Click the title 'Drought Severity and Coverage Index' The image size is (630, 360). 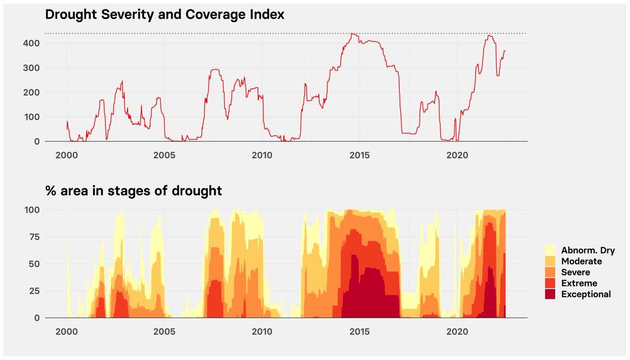(165, 15)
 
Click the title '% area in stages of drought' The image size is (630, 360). (133, 191)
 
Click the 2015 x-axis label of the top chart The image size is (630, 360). (360, 155)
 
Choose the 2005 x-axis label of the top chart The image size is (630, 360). (164, 155)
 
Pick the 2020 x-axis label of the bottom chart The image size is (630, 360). (457, 332)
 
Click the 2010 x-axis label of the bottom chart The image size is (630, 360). (262, 332)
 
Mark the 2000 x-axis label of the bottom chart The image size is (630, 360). (67, 332)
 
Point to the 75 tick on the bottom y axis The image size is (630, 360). (34, 237)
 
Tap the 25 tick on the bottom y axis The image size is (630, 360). (34, 291)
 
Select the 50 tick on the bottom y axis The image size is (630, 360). (34, 263)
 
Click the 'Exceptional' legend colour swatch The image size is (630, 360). (551, 294)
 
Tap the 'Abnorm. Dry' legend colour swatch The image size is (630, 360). (551, 250)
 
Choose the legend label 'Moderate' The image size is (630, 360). (581, 261)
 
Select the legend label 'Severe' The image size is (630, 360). (575, 272)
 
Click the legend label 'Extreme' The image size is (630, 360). (578, 283)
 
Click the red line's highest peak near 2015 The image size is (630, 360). (353, 34)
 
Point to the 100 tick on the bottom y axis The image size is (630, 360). (31, 209)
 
